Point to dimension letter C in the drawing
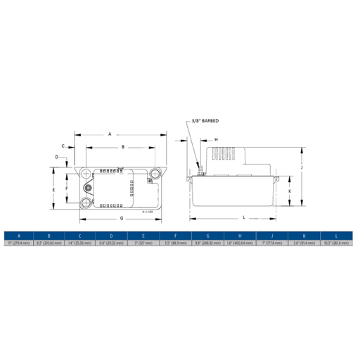click(x=62, y=146)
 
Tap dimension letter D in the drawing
click(x=56, y=157)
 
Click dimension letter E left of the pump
click(x=53, y=190)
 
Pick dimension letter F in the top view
click(x=67, y=189)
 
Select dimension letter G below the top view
click(x=121, y=218)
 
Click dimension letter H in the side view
click(x=216, y=139)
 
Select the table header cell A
click(x=19, y=236)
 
